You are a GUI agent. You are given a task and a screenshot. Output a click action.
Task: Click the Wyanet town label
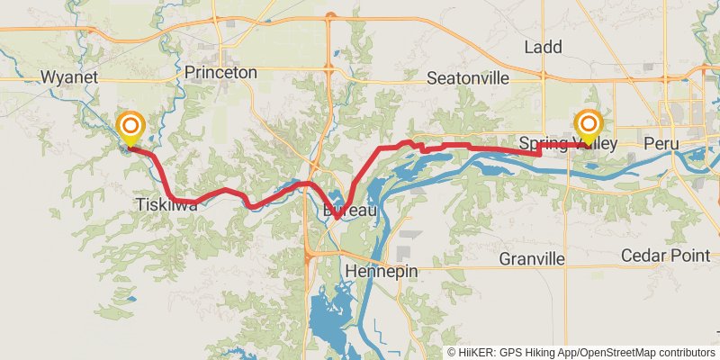click(x=69, y=77)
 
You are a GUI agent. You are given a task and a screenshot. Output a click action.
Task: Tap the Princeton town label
click(x=220, y=72)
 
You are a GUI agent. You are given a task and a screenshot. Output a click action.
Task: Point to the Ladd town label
click(x=543, y=47)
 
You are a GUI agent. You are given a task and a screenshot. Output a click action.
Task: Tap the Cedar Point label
click(x=666, y=256)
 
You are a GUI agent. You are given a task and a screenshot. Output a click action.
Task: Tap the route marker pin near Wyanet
click(x=131, y=126)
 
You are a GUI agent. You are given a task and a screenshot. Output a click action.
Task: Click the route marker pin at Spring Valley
click(x=589, y=126)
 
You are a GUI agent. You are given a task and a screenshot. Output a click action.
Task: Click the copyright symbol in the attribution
click(x=453, y=353)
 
